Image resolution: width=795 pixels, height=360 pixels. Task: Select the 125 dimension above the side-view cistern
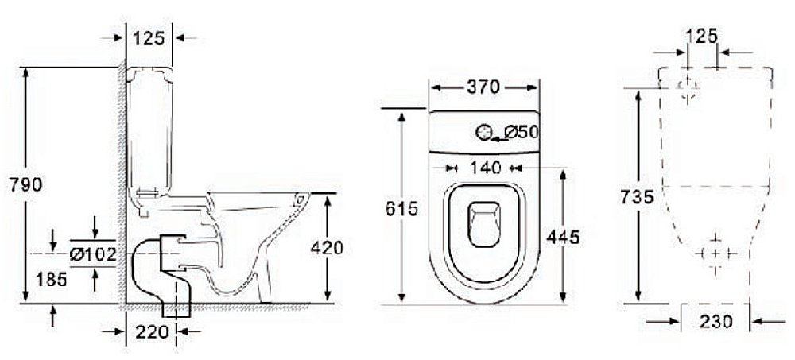point(149,37)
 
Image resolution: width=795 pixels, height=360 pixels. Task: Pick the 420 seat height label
point(327,248)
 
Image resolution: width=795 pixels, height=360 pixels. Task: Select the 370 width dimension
point(483,87)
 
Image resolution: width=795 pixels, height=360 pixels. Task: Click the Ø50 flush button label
point(520,133)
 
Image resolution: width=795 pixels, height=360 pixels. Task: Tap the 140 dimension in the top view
point(483,168)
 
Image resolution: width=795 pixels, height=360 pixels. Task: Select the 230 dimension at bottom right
point(716,322)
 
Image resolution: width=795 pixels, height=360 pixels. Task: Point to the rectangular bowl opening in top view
point(483,223)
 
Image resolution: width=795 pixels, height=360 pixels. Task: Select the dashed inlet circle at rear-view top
point(688,85)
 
